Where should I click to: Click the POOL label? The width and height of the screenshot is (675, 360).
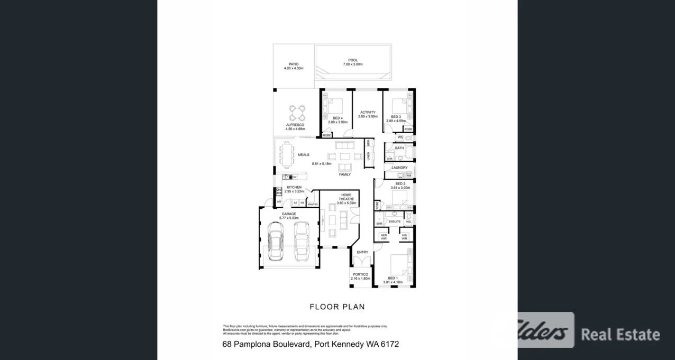point(353,60)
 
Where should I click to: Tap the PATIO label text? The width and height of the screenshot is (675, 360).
point(294,64)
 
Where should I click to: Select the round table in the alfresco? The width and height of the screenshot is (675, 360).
point(297,113)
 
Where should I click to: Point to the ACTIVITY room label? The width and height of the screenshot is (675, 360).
point(368,112)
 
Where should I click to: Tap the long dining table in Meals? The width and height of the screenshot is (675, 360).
point(288,155)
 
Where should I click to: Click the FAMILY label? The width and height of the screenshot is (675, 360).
point(345,174)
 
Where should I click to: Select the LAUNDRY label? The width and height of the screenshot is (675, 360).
point(399,168)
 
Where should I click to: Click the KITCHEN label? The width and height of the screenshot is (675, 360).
point(294,187)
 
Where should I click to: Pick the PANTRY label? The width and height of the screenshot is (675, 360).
point(313,205)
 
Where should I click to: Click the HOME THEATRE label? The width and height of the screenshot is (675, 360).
point(346,197)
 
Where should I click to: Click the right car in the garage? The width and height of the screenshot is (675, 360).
point(301,241)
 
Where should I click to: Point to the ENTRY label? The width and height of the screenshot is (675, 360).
point(362,252)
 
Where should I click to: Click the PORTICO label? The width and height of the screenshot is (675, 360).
point(360,274)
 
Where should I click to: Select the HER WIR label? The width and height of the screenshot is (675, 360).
point(384,237)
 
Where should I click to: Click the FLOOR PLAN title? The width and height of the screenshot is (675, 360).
point(337,307)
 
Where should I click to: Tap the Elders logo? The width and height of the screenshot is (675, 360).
point(535,330)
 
